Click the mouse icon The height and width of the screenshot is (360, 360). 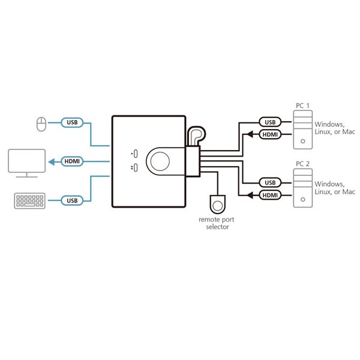pyautogui.click(x=41, y=124)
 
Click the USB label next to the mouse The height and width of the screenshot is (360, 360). pyautogui.click(x=72, y=123)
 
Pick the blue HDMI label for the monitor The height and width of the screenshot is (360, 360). pyautogui.click(x=72, y=161)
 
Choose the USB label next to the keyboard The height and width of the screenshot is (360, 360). pyautogui.click(x=72, y=200)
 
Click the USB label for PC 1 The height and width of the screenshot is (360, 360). pyautogui.click(x=269, y=122)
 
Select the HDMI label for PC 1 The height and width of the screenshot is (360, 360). pyautogui.click(x=269, y=134)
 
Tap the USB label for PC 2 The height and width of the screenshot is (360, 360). pyautogui.click(x=269, y=182)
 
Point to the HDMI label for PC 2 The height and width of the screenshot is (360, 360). pyautogui.click(x=269, y=195)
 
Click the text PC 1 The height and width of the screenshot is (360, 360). pyautogui.click(x=302, y=106)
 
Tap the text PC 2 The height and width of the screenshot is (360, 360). pyautogui.click(x=302, y=163)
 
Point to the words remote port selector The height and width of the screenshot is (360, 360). pyautogui.click(x=217, y=223)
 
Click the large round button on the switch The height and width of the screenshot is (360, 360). pyautogui.click(x=160, y=161)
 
